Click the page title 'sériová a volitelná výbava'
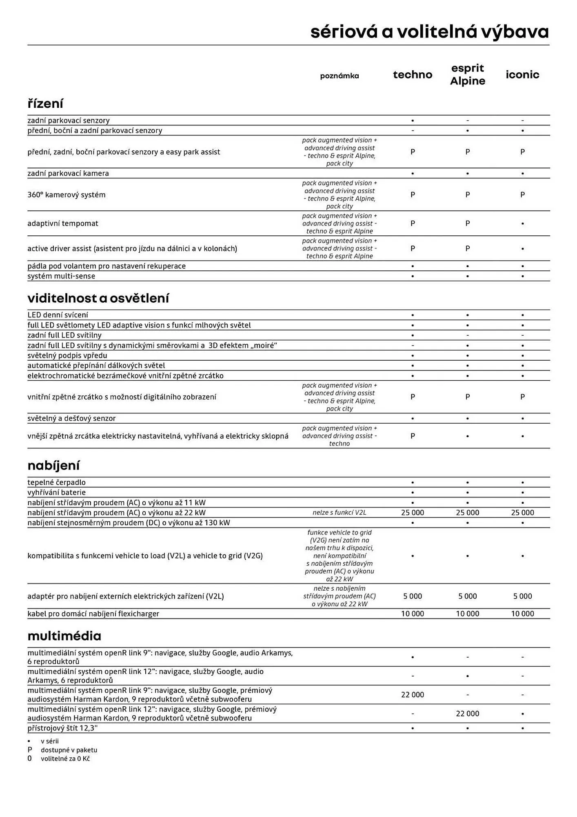click(x=429, y=32)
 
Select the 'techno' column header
click(x=413, y=74)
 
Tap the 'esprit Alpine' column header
click(x=468, y=74)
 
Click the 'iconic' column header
click(x=522, y=74)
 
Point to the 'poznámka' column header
click(x=340, y=76)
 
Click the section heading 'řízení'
click(x=45, y=103)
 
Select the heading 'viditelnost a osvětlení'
click(x=98, y=298)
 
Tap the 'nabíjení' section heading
click(x=53, y=465)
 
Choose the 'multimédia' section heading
click(x=64, y=636)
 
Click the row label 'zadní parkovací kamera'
click(x=68, y=173)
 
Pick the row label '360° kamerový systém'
click(x=67, y=195)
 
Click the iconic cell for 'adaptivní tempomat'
click(x=522, y=223)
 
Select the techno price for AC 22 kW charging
click(x=413, y=513)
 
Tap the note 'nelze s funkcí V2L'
click(x=340, y=513)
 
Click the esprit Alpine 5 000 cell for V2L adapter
click(x=468, y=596)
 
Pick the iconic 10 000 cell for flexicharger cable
click(x=522, y=614)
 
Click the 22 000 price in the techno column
click(x=413, y=694)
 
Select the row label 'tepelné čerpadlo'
click(x=56, y=482)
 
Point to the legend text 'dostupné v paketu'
click(x=69, y=750)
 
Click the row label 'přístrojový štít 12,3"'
click(x=62, y=728)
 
